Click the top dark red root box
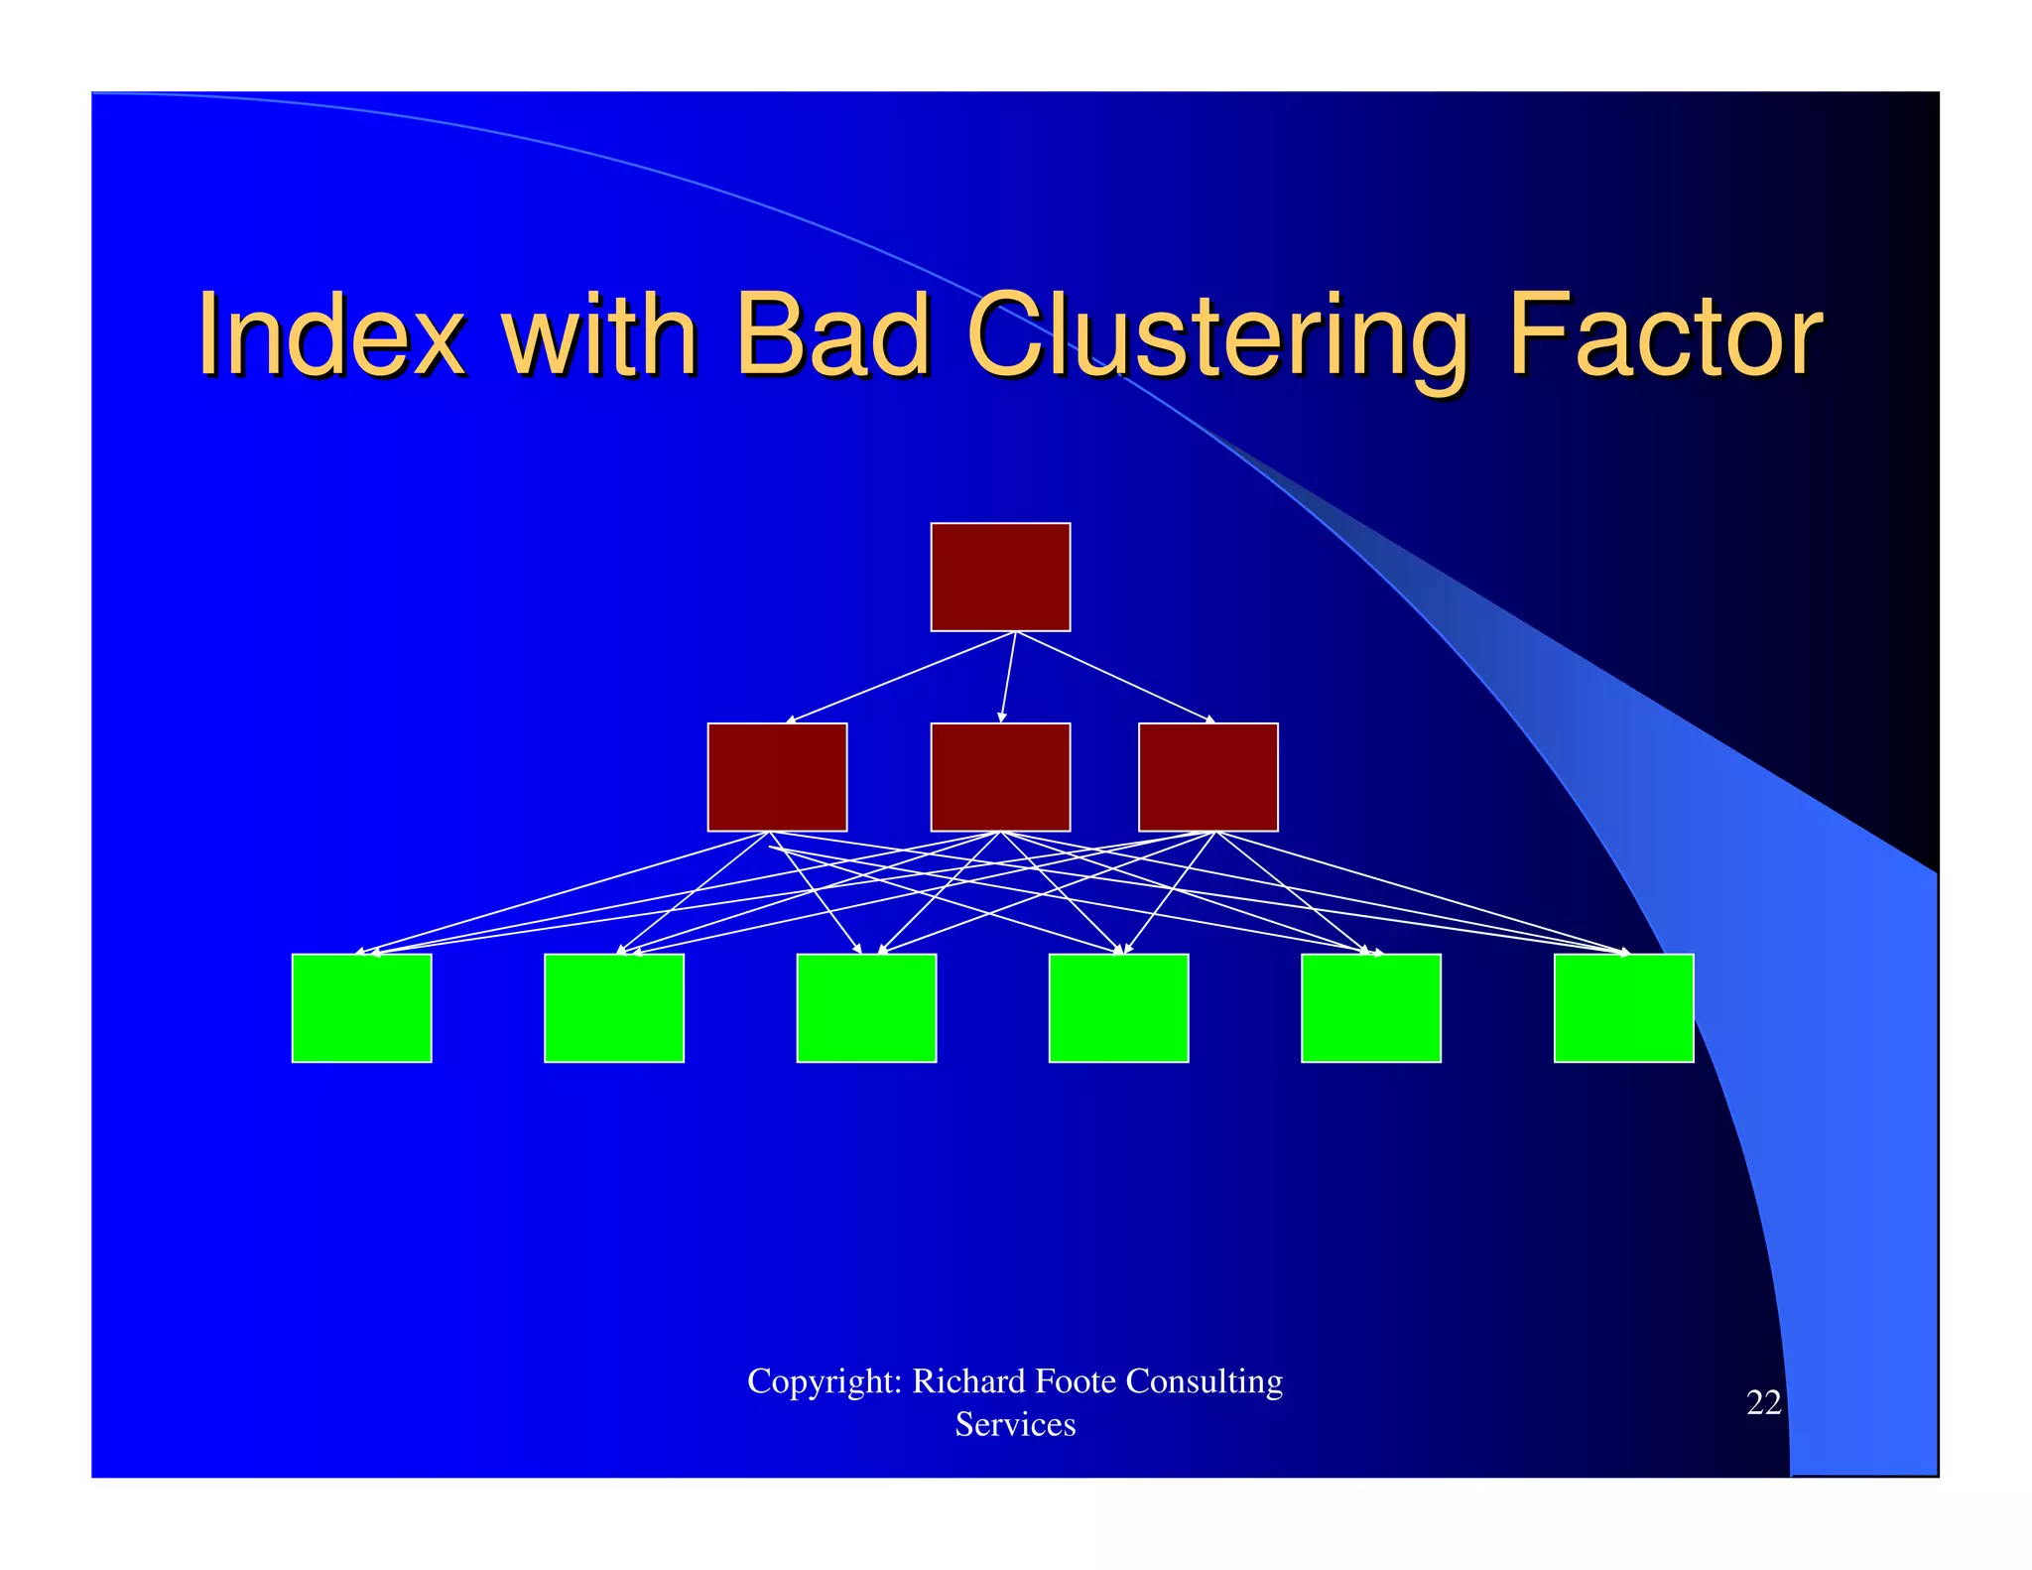click(x=1000, y=577)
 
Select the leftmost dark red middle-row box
click(x=777, y=777)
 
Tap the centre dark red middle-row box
click(x=1000, y=777)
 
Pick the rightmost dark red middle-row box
click(x=1207, y=777)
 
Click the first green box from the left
click(x=361, y=1007)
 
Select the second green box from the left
click(x=614, y=1007)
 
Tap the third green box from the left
click(x=866, y=1007)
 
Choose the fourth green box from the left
click(x=1118, y=1007)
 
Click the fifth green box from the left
click(x=1370, y=1007)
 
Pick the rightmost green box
click(x=1623, y=1007)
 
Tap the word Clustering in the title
click(x=1216, y=337)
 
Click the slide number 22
click(x=1763, y=1402)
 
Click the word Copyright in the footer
click(x=824, y=1381)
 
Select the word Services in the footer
click(x=1015, y=1424)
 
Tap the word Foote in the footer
click(x=1075, y=1380)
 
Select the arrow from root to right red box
click(x=1114, y=677)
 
